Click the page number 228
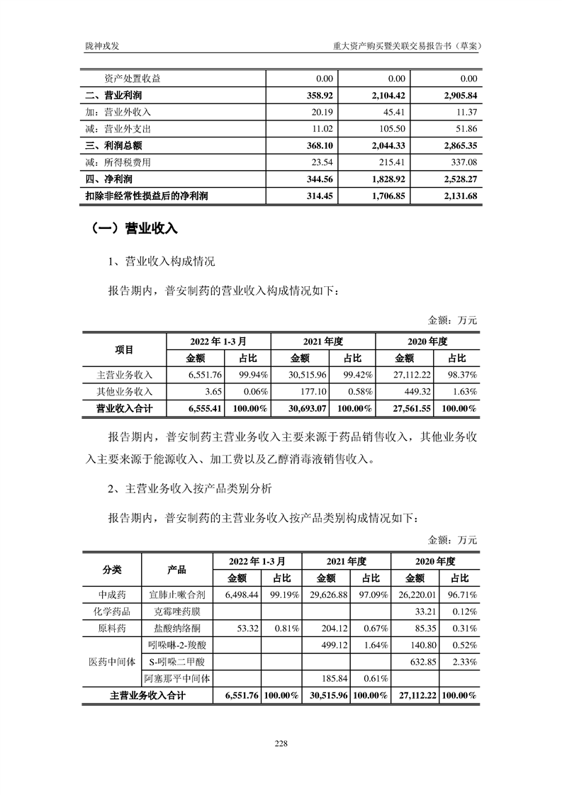tap(281, 743)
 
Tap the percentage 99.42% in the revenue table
tap(354, 375)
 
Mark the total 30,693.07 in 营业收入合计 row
tap(306, 409)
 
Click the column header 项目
tap(124, 349)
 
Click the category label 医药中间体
tap(111, 662)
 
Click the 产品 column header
tap(176, 568)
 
